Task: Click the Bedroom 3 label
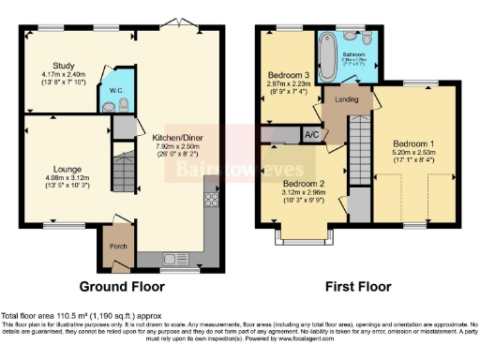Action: tap(288, 74)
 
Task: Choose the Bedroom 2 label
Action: tap(303, 183)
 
